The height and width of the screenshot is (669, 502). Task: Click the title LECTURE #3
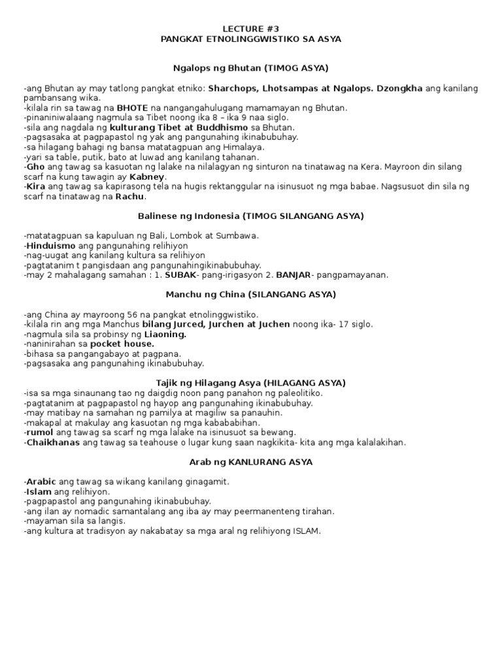point(251,29)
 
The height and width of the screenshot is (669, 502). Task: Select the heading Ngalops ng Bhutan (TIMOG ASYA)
point(250,68)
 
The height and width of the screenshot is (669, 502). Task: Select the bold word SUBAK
point(183,275)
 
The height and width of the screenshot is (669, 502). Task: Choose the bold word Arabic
point(41,481)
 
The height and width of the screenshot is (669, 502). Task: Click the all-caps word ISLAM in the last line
point(307,530)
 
